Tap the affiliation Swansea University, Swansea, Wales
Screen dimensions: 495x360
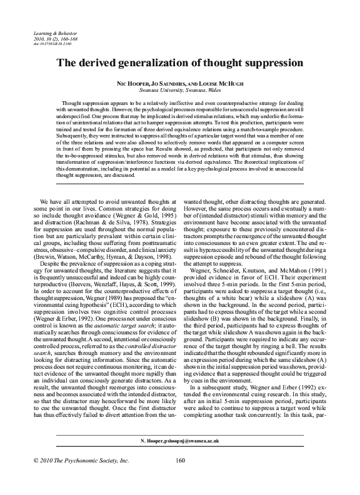[180, 89]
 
